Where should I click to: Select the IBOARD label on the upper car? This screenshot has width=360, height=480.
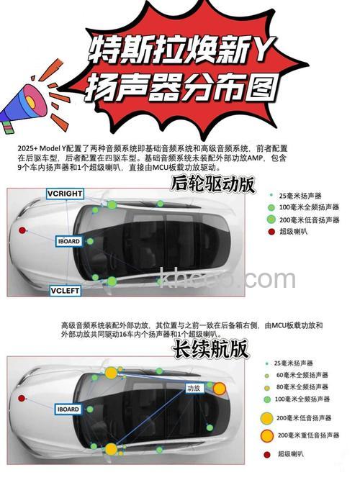pos(70,242)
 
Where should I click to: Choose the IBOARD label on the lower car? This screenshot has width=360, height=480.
pos(68,409)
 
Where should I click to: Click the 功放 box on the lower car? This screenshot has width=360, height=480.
pos(194,388)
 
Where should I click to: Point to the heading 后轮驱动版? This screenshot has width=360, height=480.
pos(212,184)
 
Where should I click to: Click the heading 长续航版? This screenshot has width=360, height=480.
pos(210,349)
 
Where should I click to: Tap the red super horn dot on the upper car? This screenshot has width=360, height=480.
pos(22,230)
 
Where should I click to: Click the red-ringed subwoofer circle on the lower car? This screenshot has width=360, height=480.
pos(219,389)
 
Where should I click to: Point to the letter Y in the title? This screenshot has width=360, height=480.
pos(257,49)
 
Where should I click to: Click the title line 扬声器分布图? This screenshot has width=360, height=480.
pos(180,88)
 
